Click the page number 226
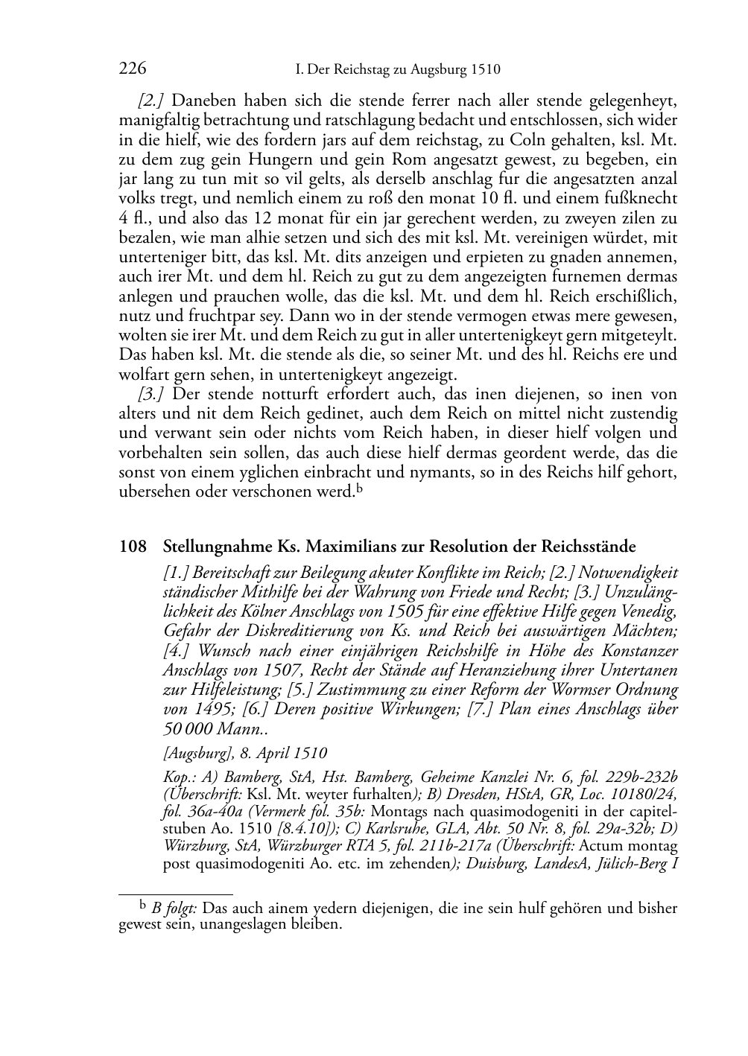(x=132, y=69)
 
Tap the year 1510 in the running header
(x=485, y=70)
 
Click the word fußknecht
(x=641, y=198)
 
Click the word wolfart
(x=142, y=374)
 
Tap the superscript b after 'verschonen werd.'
(x=358, y=489)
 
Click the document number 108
(x=133, y=547)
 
